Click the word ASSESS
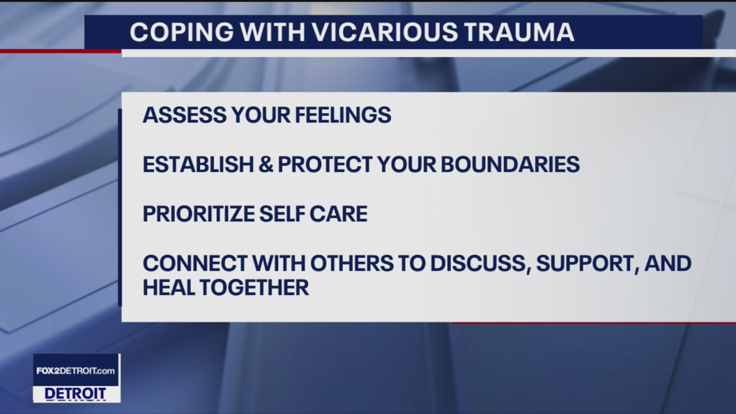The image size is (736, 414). (x=183, y=115)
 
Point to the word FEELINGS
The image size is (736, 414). (x=343, y=115)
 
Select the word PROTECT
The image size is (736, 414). (x=325, y=164)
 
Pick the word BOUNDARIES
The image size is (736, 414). (x=510, y=164)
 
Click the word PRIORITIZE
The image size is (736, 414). (x=198, y=214)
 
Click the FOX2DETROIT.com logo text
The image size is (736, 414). (x=76, y=371)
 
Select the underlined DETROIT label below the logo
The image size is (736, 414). (x=75, y=394)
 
